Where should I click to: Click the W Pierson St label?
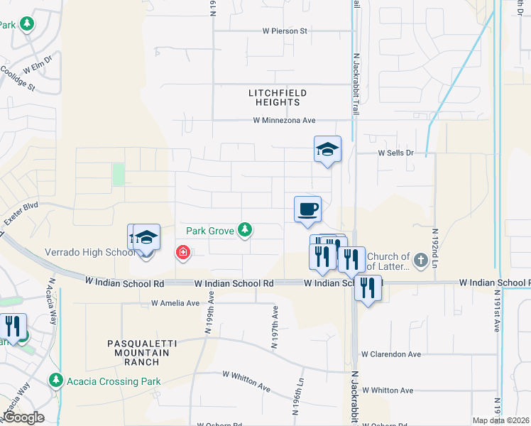coord(284,31)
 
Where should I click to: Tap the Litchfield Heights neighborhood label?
coord(274,97)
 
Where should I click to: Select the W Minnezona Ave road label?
coord(284,121)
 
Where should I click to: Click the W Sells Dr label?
coord(395,153)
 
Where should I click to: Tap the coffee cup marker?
coord(307,209)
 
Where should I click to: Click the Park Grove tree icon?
coord(245,229)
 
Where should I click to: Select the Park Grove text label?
coord(210,231)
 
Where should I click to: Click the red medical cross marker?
coord(183,252)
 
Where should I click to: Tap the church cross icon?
coord(420,260)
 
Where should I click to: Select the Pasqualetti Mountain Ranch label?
coord(133,353)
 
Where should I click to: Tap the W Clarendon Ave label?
coord(390,354)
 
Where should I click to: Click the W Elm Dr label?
coord(38,65)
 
